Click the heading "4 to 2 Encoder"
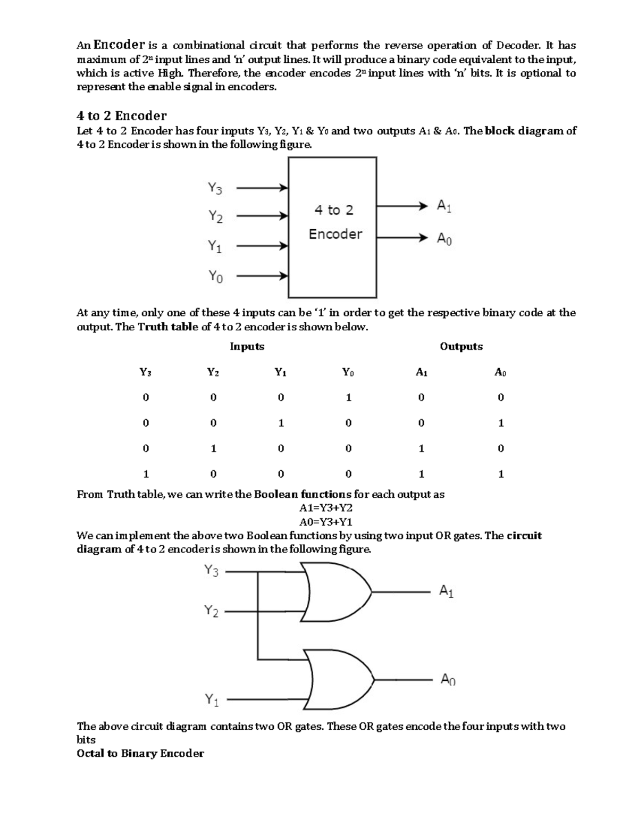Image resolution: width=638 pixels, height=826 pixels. pyautogui.click(x=122, y=116)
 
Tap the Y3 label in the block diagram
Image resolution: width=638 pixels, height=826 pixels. pyautogui.click(x=215, y=188)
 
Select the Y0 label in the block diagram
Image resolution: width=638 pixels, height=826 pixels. pyautogui.click(x=215, y=277)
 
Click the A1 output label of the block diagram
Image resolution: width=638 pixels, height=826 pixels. pyautogui.click(x=444, y=206)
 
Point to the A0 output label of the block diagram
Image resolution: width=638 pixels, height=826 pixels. pyautogui.click(x=444, y=239)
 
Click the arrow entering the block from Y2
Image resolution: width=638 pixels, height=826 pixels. pyautogui.click(x=262, y=216)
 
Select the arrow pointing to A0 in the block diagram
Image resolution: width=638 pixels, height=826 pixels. pyautogui.click(x=402, y=238)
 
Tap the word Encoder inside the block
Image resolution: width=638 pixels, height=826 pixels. pyautogui.click(x=335, y=234)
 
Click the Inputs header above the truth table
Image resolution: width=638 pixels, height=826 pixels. pyautogui.click(x=247, y=347)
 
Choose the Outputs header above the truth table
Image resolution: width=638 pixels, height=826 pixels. pyautogui.click(x=461, y=347)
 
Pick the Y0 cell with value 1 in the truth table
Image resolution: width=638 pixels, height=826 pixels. pyautogui.click(x=348, y=397)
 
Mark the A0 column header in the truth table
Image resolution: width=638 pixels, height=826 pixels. pyautogui.click(x=500, y=373)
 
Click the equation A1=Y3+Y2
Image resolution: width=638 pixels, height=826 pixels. pyautogui.click(x=326, y=508)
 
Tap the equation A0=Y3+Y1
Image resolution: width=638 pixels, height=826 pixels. pyautogui.click(x=326, y=522)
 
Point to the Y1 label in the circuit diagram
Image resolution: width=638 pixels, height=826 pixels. pyautogui.click(x=212, y=700)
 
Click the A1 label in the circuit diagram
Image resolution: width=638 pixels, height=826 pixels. pyautogui.click(x=446, y=591)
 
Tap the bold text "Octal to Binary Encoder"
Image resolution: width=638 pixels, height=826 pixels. pyautogui.click(x=140, y=754)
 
